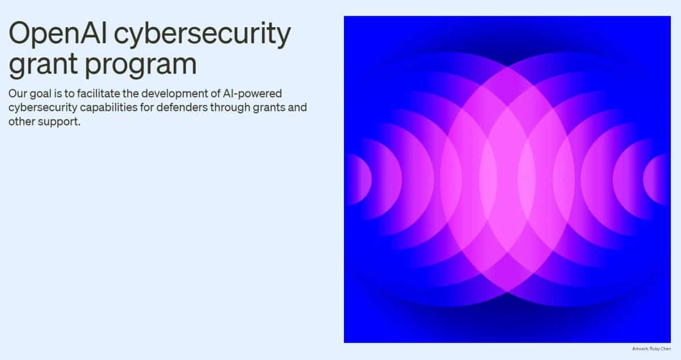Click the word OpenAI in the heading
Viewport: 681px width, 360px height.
coord(57,35)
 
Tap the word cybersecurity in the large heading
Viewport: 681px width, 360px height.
coord(201,35)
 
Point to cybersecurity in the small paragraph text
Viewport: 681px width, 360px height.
coord(43,107)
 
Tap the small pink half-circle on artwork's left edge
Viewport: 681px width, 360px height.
coord(357,179)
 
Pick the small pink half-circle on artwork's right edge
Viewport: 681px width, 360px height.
coord(658,179)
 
